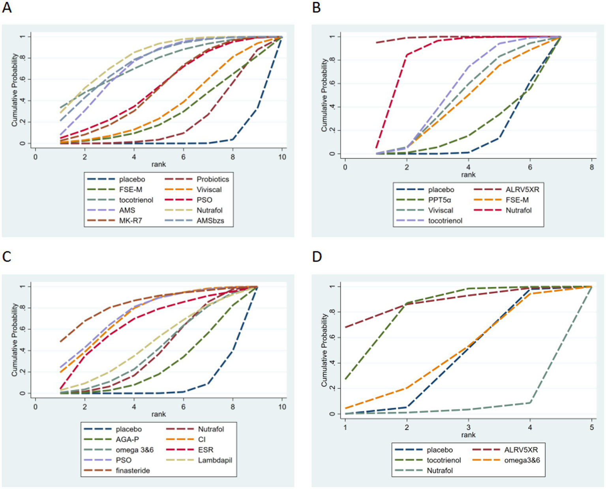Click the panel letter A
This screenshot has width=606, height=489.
[7, 7]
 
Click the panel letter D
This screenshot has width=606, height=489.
[317, 257]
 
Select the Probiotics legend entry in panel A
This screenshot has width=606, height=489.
[212, 179]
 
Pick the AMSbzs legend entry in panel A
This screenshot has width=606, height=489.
[210, 221]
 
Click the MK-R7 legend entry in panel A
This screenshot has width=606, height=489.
[130, 221]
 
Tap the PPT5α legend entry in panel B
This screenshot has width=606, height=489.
[439, 200]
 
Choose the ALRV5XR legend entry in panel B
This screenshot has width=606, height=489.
[522, 189]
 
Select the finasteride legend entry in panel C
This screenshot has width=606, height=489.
[133, 470]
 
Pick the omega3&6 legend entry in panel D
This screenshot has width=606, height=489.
[522, 460]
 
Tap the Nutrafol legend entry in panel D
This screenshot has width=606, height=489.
[439, 470]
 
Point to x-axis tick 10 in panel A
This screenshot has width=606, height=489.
[282, 157]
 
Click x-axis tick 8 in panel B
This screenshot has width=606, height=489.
[591, 167]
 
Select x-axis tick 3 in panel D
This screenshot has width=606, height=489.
[468, 427]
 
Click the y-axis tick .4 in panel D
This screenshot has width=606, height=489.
[333, 363]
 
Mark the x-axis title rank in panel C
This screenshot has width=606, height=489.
[158, 414]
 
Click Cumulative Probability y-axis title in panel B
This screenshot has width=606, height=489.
[324, 95]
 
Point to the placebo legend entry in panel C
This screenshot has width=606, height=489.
[128, 429]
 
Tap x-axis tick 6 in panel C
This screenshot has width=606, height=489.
[183, 407]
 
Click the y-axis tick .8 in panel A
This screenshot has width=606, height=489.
[23, 58]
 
